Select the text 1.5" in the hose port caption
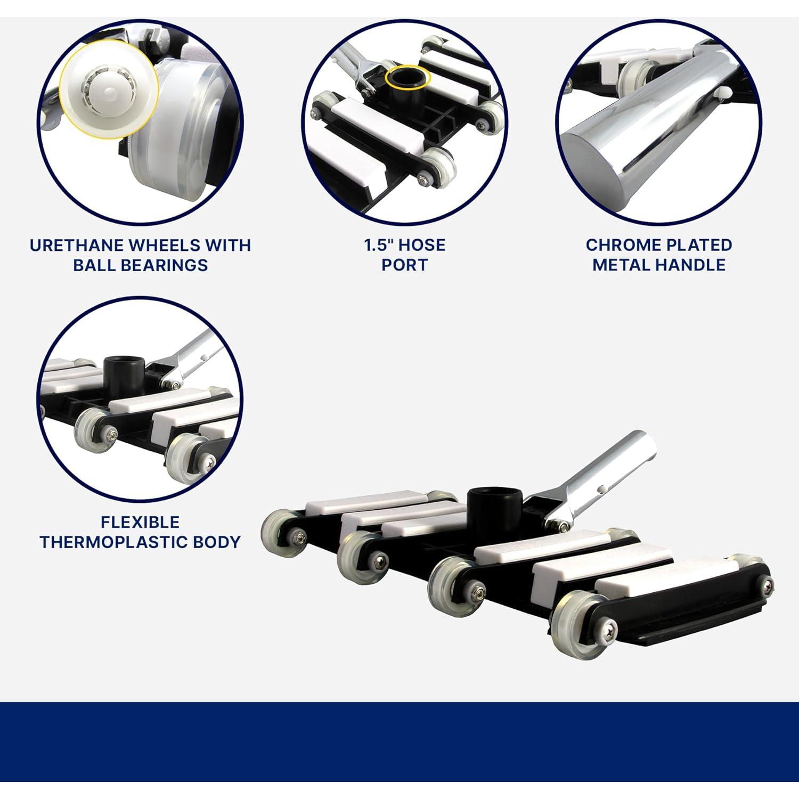378,245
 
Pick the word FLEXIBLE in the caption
140,522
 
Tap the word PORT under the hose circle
404,265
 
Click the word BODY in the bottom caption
217,542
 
